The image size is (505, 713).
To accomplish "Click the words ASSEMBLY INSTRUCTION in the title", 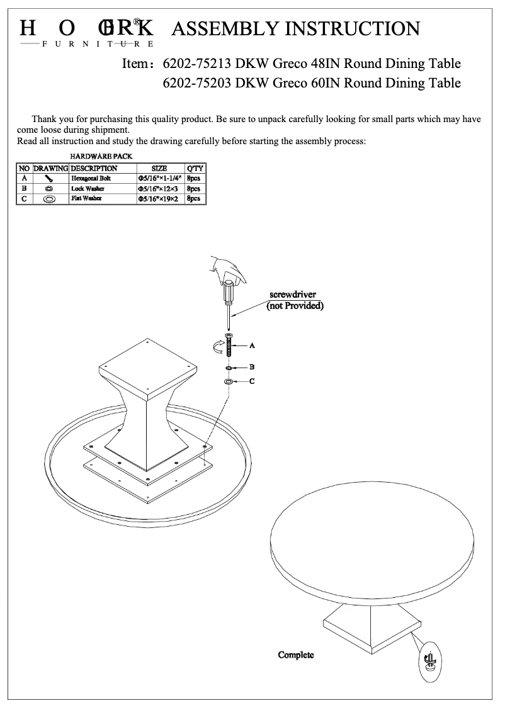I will point(295,28).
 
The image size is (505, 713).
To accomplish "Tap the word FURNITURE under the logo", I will point(98,44).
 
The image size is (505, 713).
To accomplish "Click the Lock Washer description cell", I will point(88,189).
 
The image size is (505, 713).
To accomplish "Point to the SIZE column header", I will point(159,169).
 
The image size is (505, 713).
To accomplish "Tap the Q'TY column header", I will point(195,169).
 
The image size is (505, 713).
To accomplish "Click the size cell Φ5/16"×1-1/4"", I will point(159,179).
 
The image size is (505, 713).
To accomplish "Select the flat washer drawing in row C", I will point(49,199).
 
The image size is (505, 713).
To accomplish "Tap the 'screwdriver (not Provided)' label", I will point(295,301).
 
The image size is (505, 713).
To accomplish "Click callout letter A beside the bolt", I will point(252,346).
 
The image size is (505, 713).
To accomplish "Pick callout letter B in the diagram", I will point(252,366).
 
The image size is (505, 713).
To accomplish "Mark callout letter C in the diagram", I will point(252,381).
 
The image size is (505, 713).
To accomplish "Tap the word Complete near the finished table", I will point(296,655).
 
